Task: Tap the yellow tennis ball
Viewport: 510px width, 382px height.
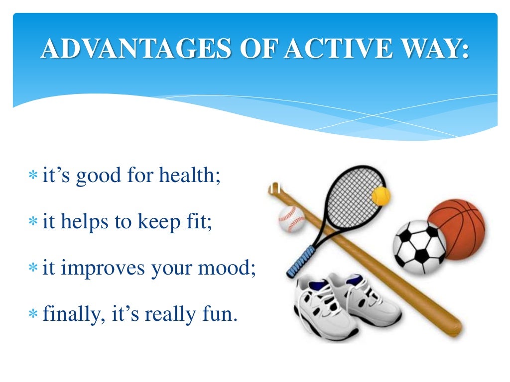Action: click(x=381, y=196)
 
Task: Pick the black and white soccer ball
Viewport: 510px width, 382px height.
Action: click(x=419, y=247)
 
